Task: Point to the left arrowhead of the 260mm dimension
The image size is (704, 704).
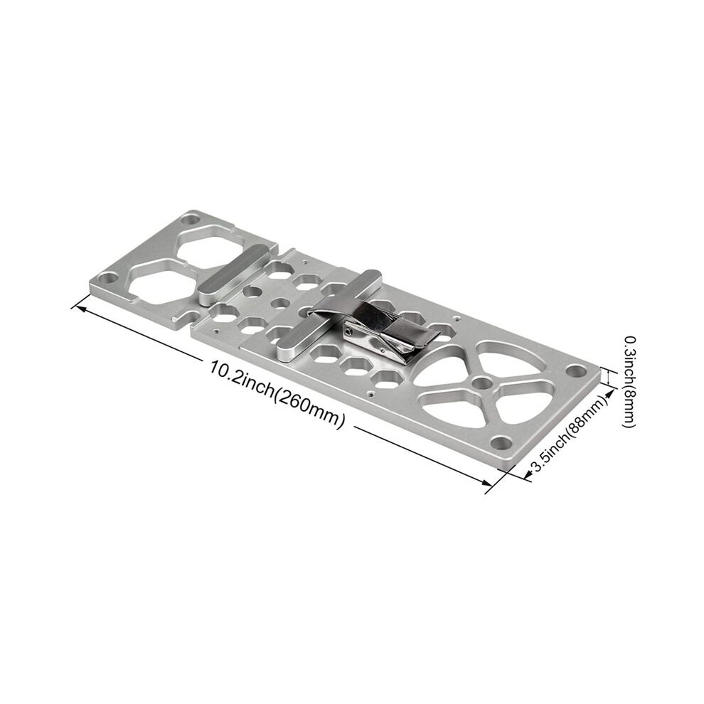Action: (x=78, y=306)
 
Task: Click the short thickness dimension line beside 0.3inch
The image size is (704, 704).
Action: (x=608, y=377)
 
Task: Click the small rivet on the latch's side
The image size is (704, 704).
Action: (x=350, y=332)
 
